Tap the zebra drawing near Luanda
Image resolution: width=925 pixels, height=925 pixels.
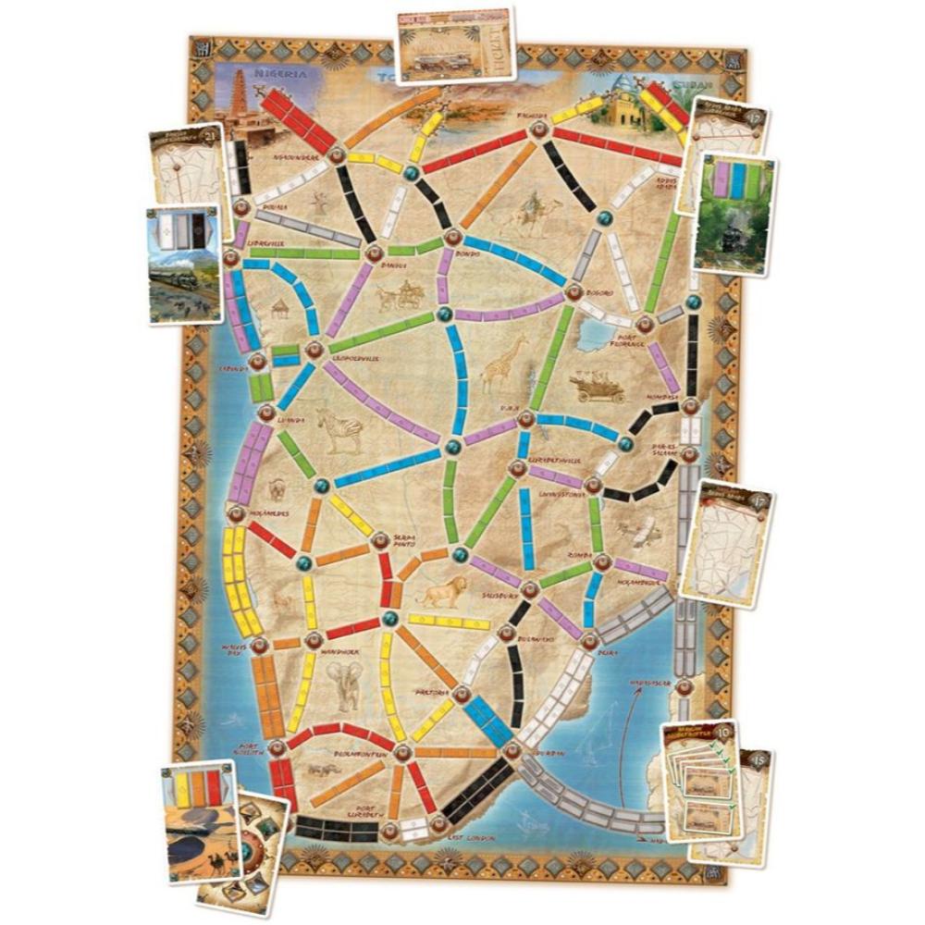click(x=339, y=431)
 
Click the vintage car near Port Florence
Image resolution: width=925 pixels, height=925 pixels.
click(x=598, y=386)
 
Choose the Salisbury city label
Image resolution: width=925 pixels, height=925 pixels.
click(x=498, y=598)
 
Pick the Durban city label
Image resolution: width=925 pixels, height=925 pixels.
click(x=551, y=753)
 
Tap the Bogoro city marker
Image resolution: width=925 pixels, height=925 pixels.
click(x=573, y=292)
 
